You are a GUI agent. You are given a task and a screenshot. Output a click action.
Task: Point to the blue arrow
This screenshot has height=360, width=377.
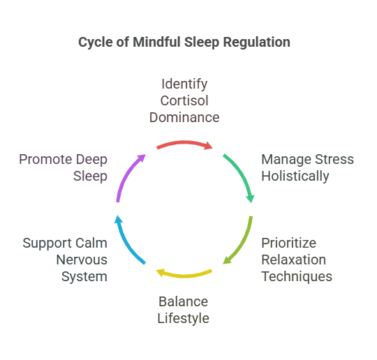(x=126, y=243)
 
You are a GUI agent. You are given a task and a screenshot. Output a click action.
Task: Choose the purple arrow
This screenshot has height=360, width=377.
(x=126, y=175)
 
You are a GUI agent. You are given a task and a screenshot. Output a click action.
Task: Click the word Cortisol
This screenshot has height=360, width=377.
(x=184, y=100)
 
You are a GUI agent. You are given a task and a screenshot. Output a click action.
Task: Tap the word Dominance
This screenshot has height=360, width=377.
(x=184, y=117)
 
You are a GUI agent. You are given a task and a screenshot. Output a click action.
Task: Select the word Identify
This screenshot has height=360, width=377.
(x=184, y=84)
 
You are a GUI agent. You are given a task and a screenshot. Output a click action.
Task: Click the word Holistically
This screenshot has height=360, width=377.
(x=295, y=177)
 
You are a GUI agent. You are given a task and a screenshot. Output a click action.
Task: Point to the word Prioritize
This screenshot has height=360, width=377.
(x=289, y=243)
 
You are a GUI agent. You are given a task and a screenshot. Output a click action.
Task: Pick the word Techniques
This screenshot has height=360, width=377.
(x=297, y=277)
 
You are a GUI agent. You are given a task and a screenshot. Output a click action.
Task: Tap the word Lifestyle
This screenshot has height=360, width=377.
(x=183, y=319)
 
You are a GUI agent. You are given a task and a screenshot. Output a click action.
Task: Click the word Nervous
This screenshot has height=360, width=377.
(x=82, y=260)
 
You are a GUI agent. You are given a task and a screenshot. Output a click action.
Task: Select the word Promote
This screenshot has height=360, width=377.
(x=45, y=159)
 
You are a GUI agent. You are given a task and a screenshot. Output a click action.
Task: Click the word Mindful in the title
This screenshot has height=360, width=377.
(x=156, y=42)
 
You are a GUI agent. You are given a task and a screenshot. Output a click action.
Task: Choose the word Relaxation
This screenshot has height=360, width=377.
(x=293, y=260)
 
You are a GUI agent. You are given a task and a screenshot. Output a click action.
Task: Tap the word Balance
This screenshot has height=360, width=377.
(x=183, y=301)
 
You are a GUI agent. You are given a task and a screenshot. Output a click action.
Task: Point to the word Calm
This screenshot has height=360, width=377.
(x=91, y=243)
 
